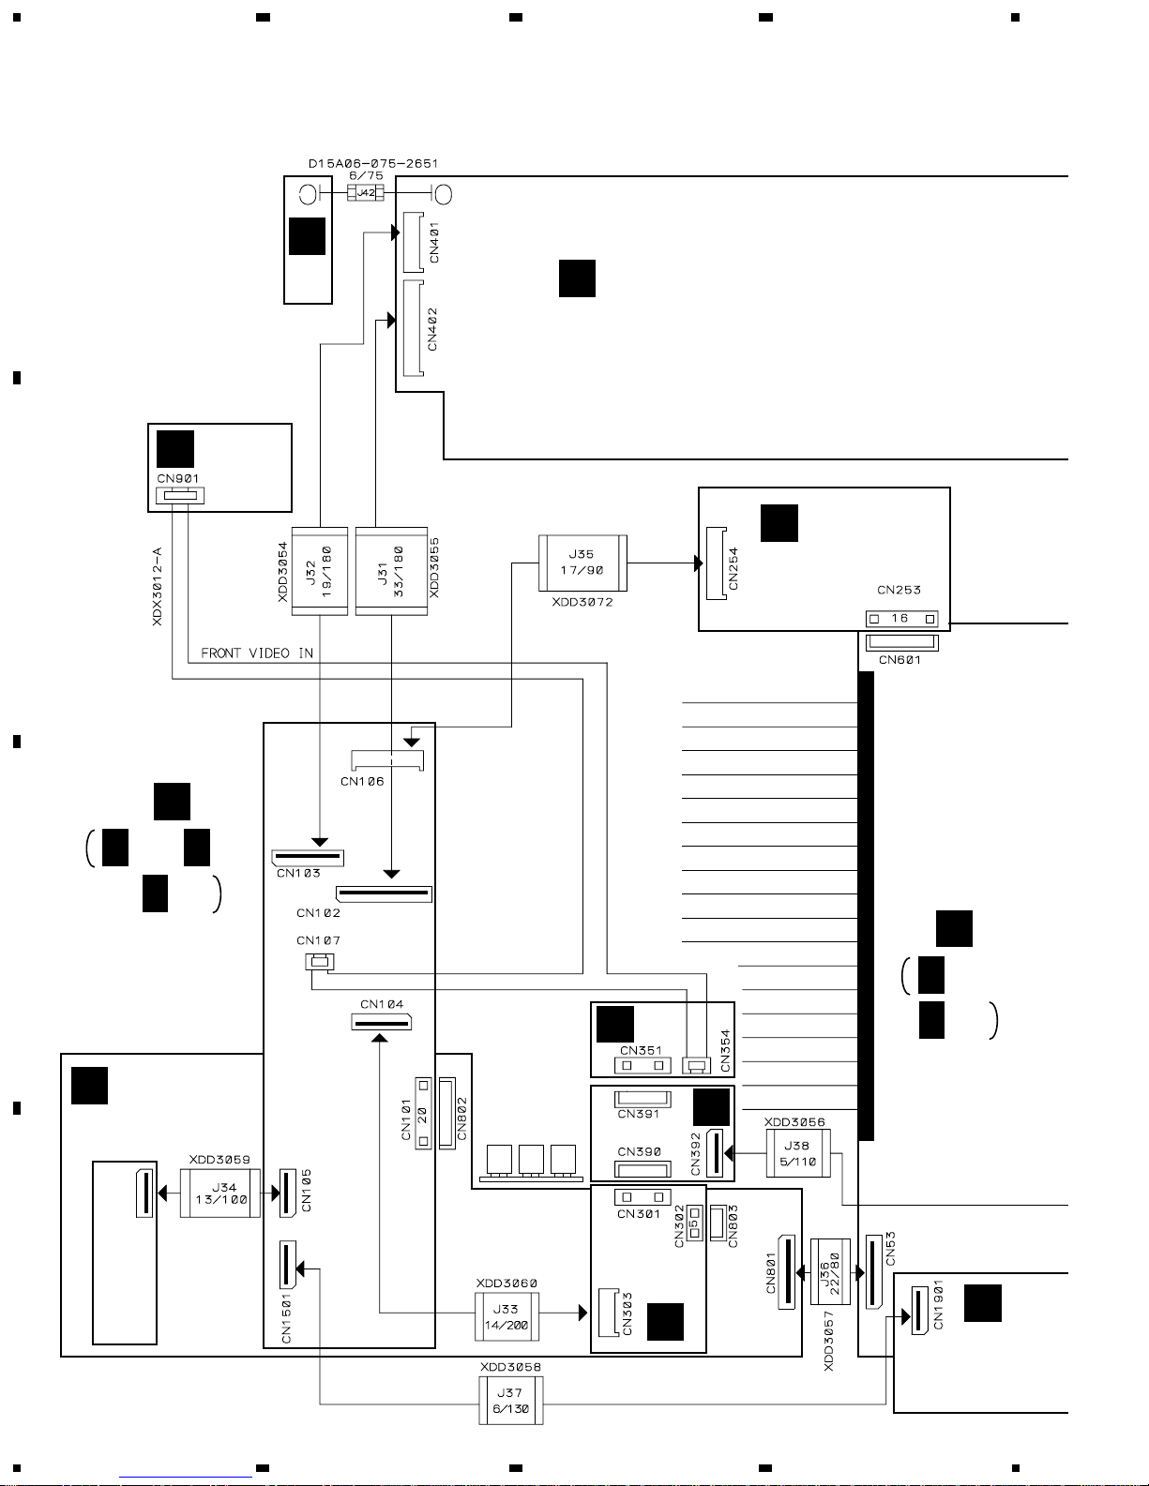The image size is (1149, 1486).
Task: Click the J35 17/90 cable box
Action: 582,563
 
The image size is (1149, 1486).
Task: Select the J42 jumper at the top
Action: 366,193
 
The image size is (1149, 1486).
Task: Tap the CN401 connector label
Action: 433,242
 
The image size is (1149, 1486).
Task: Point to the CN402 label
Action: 432,329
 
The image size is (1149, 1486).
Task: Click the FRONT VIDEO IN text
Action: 257,653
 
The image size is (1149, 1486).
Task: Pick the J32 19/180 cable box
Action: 320,571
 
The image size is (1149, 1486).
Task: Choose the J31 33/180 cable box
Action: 391,571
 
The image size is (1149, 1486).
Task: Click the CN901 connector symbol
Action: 180,495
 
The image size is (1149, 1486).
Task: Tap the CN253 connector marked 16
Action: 901,619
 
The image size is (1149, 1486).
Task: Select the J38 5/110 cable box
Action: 798,1153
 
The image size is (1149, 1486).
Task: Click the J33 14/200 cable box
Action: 506,1316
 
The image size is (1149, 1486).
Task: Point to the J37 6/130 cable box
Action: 511,1400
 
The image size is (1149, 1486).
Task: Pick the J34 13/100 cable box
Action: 220,1193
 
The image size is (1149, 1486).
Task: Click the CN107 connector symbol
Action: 320,962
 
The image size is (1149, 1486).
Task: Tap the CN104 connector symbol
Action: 382,1022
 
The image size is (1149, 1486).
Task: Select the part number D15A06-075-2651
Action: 373,163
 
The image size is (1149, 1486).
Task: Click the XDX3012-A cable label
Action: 158,586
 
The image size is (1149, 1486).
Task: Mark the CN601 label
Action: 900,660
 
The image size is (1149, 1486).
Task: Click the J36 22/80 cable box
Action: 830,1271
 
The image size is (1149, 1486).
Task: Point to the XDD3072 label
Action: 582,602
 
